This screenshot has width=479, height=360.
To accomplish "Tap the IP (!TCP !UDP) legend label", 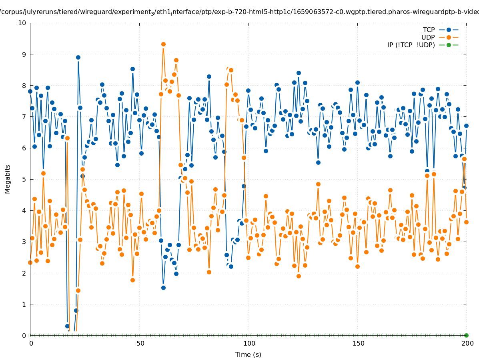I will [x=411, y=45].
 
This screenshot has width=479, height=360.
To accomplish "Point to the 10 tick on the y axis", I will [x=22, y=23].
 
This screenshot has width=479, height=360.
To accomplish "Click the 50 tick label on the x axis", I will [x=140, y=343].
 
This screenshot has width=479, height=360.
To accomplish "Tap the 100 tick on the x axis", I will [x=249, y=343].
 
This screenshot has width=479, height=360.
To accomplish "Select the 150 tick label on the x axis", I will [x=358, y=343].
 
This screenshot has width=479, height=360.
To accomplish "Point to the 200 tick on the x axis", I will [x=467, y=343].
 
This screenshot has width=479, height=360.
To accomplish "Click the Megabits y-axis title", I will [x=8, y=179].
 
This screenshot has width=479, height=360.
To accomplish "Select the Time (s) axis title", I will [x=248, y=354].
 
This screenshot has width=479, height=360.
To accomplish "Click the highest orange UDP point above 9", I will [x=163, y=44].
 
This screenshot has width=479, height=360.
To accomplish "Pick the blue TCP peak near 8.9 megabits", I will [x=78, y=57].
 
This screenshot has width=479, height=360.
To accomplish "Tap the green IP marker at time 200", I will [x=466, y=335].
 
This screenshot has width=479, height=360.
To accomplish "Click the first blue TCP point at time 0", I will [x=30, y=91].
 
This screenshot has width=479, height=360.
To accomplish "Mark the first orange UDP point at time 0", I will [x=30, y=262].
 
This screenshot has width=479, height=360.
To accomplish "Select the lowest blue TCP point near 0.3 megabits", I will [x=67, y=326].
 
